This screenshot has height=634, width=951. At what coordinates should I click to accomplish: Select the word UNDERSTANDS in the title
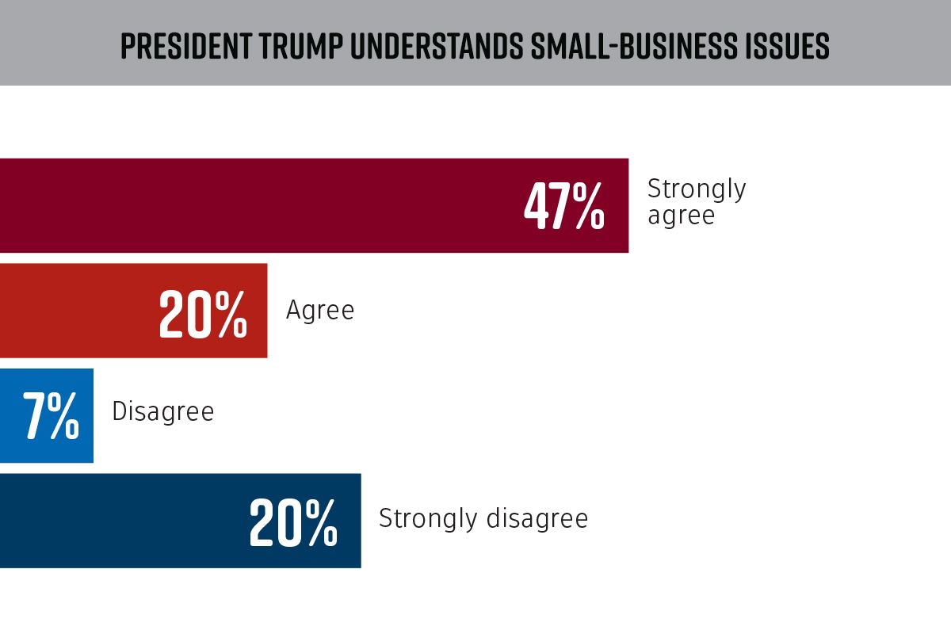[x=433, y=47]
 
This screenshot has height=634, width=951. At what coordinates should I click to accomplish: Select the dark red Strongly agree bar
[x=262, y=205]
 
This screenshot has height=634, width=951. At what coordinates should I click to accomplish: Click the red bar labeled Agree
[x=79, y=311]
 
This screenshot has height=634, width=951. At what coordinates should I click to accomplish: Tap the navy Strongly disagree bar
[x=119, y=521]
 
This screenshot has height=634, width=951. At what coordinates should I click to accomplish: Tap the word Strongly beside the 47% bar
[x=697, y=189]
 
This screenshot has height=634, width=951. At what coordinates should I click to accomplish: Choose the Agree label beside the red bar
[x=320, y=310]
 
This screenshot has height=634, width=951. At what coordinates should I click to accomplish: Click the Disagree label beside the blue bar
[x=163, y=412]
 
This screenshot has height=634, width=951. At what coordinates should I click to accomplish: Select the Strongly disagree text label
[x=483, y=518]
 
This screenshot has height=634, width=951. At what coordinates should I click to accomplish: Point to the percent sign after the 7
[x=63, y=417]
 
